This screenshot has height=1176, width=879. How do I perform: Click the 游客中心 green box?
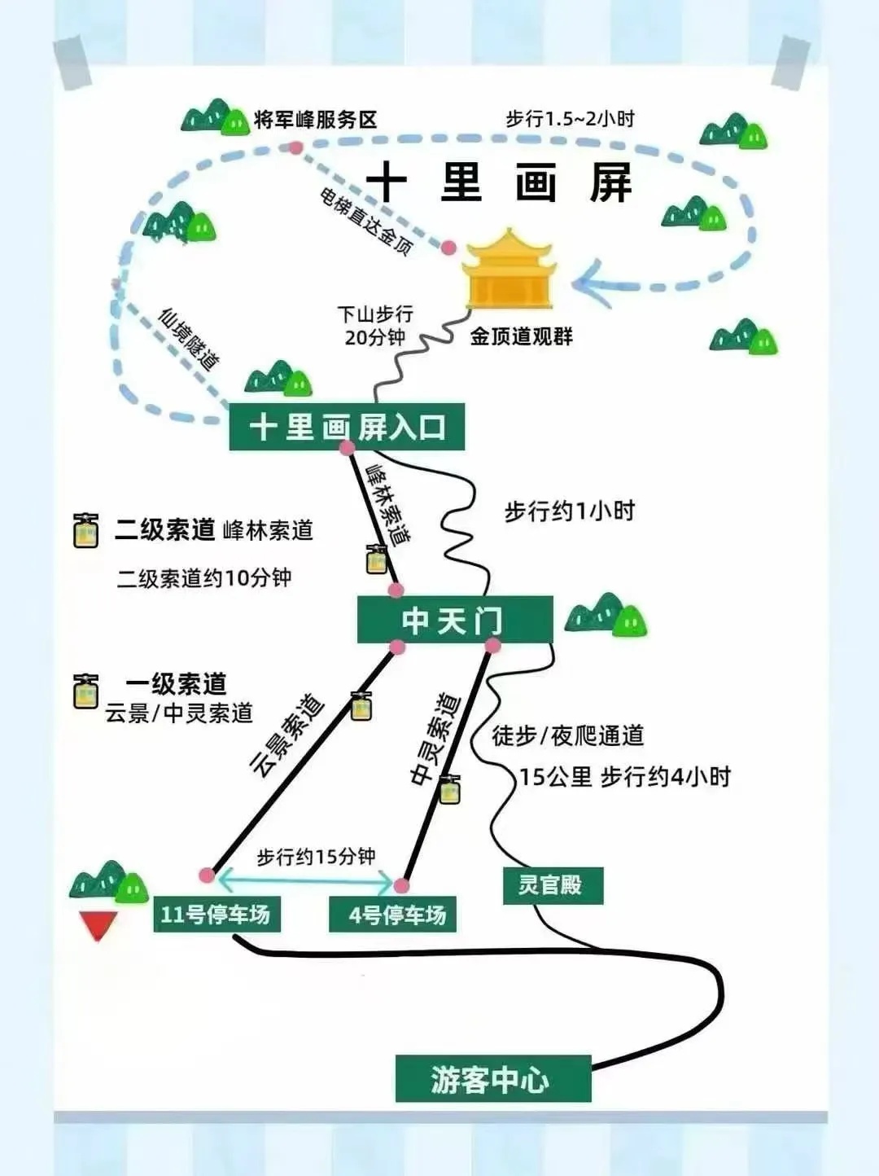[x=492, y=1079]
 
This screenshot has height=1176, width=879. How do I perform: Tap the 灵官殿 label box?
[x=553, y=885]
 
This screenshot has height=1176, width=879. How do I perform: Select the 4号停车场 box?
[x=392, y=915]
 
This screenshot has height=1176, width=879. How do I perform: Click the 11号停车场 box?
[x=216, y=914]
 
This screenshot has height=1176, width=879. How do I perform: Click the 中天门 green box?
[x=454, y=621]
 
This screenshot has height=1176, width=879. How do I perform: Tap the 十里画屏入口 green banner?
[x=347, y=427]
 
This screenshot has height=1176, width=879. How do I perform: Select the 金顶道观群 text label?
[x=521, y=336]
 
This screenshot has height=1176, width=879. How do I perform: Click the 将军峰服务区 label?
[x=316, y=120]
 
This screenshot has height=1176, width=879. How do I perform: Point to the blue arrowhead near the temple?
[x=590, y=284]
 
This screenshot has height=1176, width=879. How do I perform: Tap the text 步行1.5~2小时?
[x=570, y=119]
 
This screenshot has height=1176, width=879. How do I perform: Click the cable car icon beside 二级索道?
[x=86, y=531]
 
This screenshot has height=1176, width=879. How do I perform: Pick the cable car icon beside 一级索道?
[x=86, y=691]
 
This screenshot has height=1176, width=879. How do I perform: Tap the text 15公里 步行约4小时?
[x=625, y=777]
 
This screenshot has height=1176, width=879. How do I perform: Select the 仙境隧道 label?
[x=189, y=340]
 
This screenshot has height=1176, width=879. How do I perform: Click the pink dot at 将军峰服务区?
[x=295, y=147]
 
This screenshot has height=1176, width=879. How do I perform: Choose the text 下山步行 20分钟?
[x=375, y=326]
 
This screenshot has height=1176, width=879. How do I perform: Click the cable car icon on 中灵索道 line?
[x=449, y=789]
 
